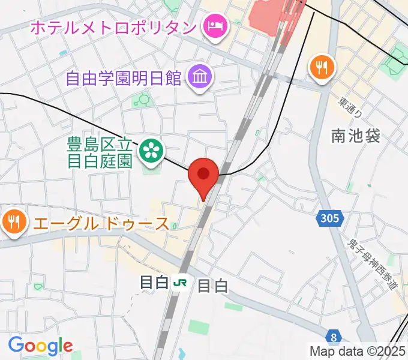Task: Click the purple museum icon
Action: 199,77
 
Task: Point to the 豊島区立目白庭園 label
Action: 99,152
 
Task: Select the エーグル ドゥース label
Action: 101,224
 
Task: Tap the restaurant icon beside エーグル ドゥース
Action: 14,223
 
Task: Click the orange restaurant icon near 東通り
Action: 322,67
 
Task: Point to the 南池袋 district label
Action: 356,137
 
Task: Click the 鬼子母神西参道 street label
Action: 373,264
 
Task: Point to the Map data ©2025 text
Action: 358,351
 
